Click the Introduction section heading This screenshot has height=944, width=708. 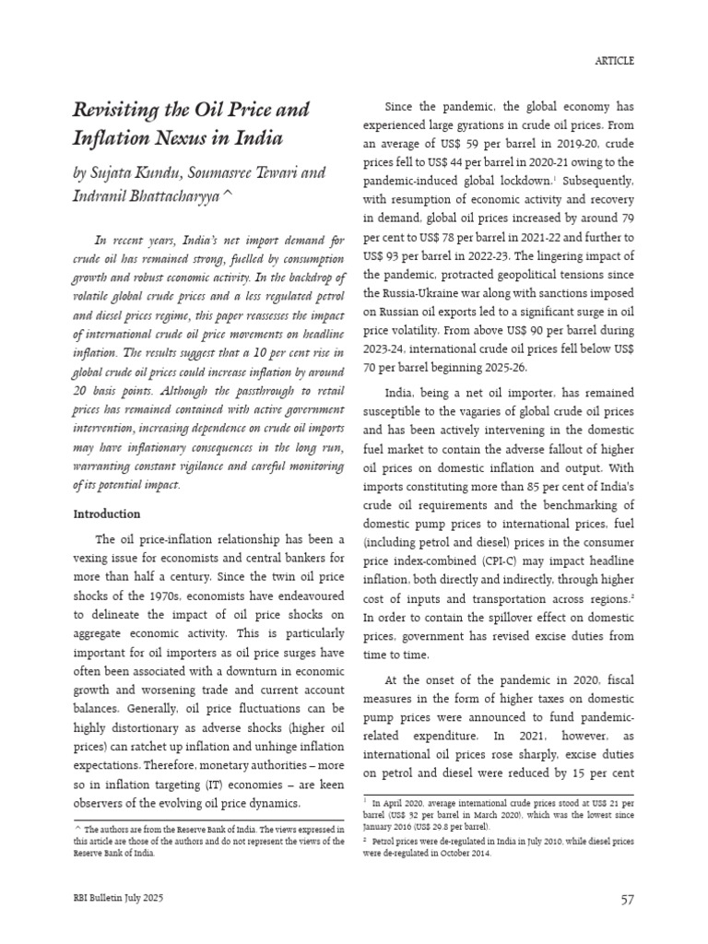pos(106,513)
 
